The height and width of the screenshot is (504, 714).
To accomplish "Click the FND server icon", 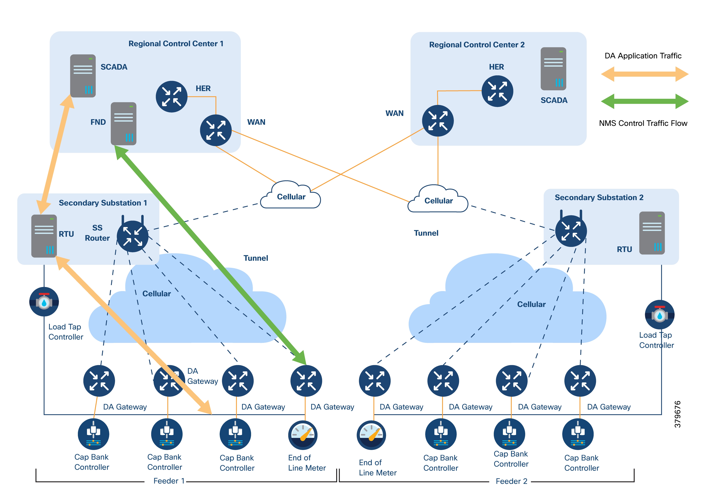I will pyautogui.click(x=123, y=124).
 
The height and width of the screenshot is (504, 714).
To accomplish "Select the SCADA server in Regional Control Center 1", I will pyautogui.click(x=83, y=76).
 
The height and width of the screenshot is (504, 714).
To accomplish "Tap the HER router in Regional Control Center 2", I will pyautogui.click(x=497, y=91).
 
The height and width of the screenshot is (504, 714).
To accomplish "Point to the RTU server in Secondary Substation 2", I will pyautogui.click(x=652, y=233).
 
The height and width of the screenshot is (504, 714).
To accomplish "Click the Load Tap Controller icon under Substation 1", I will pyautogui.click(x=44, y=302).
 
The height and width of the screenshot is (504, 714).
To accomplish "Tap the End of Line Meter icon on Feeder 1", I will pyautogui.click(x=303, y=435).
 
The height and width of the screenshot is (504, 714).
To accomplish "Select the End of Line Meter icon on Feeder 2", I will pyautogui.click(x=371, y=435).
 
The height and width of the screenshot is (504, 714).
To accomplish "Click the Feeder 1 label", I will pyautogui.click(x=169, y=481).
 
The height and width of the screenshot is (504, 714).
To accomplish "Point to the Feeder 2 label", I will pyautogui.click(x=511, y=481).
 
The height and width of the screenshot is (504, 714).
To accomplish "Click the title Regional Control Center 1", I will pyautogui.click(x=176, y=44).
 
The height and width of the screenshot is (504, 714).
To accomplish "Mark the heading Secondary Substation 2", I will pyautogui.click(x=599, y=198).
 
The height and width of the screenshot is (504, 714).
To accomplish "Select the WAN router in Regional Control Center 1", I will pyautogui.click(x=216, y=130).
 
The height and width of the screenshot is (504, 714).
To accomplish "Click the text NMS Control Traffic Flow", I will pyautogui.click(x=643, y=123).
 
